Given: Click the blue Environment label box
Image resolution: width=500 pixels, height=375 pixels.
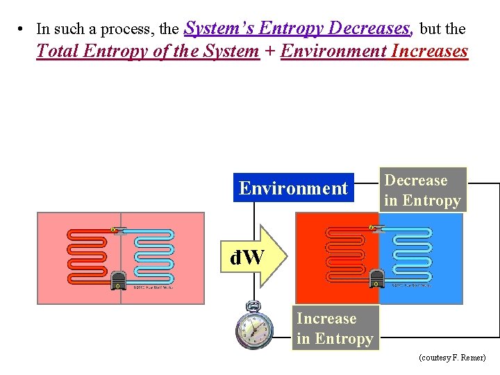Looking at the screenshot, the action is (293, 188).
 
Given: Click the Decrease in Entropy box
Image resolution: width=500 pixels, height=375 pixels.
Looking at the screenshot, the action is (422, 190).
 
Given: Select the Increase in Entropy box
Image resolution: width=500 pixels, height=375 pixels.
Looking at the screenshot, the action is (335, 328).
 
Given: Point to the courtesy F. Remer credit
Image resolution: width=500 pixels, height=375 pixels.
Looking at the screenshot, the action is (452, 358).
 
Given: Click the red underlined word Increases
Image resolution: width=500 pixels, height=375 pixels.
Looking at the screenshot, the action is (430, 51).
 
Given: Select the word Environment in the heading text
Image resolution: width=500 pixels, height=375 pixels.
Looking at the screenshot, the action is (333, 51).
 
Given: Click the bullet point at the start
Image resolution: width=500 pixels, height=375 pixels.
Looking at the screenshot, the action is (23, 29).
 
